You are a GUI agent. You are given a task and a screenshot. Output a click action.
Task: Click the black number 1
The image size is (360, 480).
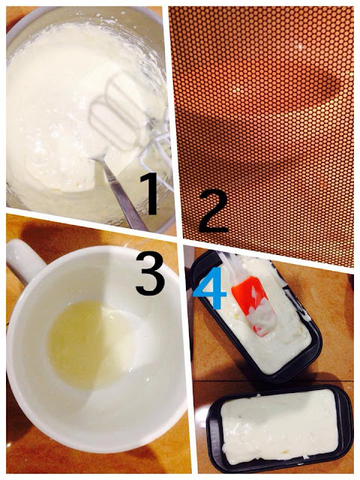[x=150, y=193]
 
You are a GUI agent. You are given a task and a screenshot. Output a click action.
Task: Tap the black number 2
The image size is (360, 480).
[x=213, y=211]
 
